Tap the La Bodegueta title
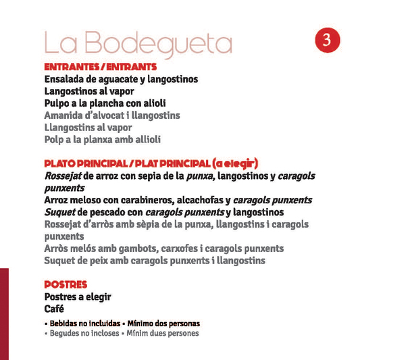[x=138, y=44]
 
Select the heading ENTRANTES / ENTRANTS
[x=101, y=68]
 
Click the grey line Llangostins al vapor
[x=88, y=127]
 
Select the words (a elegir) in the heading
[x=235, y=163]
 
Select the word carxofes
[x=180, y=249]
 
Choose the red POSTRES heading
[x=66, y=284]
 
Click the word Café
[x=54, y=309]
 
